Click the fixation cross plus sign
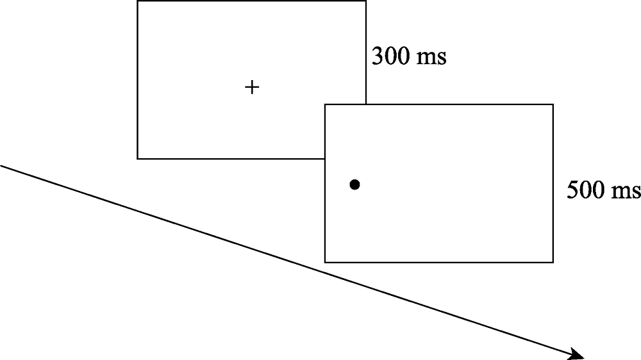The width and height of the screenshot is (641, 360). point(252,87)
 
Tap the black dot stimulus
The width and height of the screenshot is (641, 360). point(355,184)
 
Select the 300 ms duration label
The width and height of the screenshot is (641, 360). point(409,56)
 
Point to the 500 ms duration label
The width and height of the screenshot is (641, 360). point(604,190)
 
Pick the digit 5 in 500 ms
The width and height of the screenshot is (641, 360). point(573,190)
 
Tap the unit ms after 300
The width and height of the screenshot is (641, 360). point(431,59)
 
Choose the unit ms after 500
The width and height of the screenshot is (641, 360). point(626,192)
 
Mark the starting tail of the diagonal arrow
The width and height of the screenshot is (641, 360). point(1,165)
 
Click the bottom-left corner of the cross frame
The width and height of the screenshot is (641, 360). point(137,159)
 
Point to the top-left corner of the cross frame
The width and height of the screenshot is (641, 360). point(137,1)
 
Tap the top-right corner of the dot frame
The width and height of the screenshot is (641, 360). point(553,104)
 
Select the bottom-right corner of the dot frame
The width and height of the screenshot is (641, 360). point(553,263)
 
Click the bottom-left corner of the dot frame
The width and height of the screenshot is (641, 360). point(325,263)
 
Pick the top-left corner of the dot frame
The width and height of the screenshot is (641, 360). point(325,104)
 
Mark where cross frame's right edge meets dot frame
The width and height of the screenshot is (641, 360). point(366,104)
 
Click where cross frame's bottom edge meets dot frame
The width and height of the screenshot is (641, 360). point(325,159)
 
